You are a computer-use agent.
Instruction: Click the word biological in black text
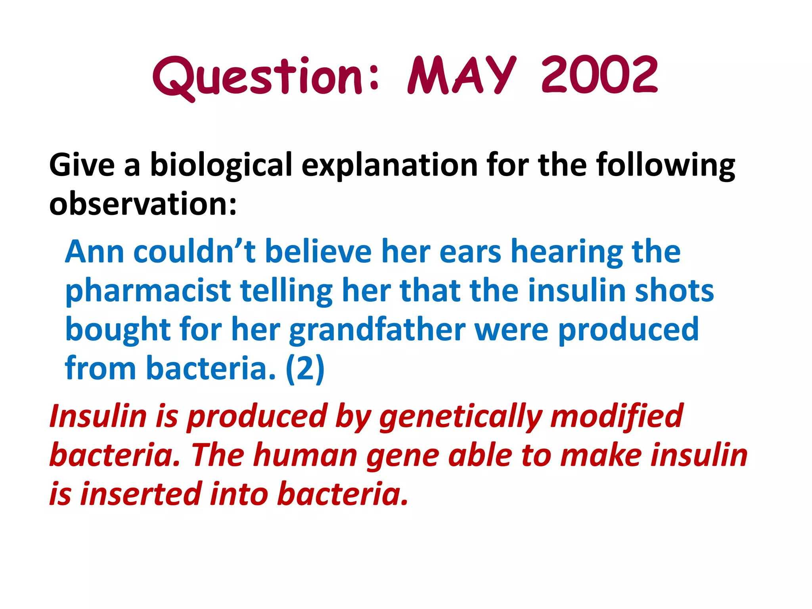point(221,165)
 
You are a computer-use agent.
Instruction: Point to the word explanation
point(389,165)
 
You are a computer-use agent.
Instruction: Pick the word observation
point(143,204)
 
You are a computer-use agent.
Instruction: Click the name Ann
point(94,251)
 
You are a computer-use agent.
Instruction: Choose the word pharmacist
point(148,291)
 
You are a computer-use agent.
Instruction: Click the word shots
point(674,290)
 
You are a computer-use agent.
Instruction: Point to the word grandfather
point(377,330)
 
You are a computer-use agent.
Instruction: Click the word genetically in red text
point(460,416)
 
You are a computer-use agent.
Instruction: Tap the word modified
point(617,416)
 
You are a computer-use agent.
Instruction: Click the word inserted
point(141,494)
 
